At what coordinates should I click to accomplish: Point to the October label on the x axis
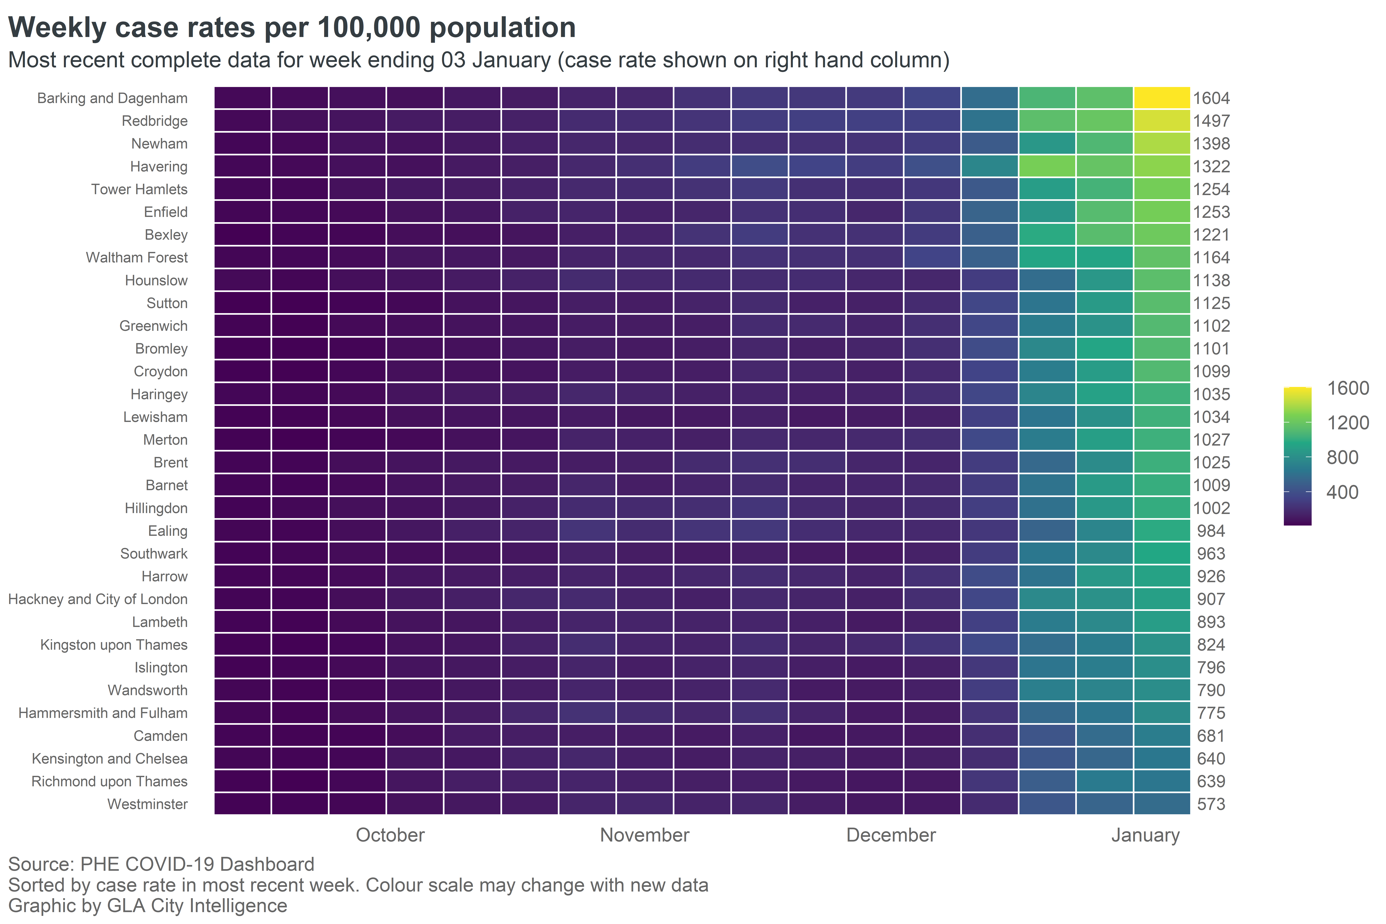coord(390,835)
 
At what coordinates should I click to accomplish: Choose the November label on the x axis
coord(645,835)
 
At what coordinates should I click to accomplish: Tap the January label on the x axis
coord(1145,835)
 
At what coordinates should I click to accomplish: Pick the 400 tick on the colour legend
coord(1342,492)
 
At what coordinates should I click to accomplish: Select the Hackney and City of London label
coord(98,599)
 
